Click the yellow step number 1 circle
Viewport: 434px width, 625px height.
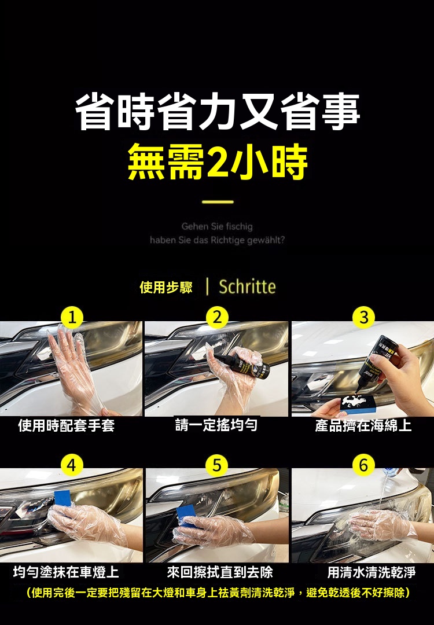pos(72,318)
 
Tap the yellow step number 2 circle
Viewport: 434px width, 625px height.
pos(217,318)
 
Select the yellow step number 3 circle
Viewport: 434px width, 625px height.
pos(364,318)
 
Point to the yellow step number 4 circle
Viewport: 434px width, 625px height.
pos(72,465)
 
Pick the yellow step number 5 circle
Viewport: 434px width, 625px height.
pos(217,465)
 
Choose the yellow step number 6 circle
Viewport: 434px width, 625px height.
pos(364,465)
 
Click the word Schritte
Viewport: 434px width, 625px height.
pos(247,286)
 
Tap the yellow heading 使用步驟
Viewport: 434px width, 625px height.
pos(166,287)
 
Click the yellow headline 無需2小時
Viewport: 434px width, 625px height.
pos(218,161)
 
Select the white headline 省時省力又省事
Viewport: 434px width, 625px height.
pos(218,112)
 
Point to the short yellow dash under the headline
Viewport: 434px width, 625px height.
pos(218,202)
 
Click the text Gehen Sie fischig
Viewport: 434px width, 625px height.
pos(217,226)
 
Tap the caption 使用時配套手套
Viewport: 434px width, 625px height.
pos(67,425)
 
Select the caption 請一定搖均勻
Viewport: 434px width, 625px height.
pos(216,425)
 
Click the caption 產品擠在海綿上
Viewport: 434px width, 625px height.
pos(363,425)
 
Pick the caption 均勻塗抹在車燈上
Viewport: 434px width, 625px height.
pos(66,572)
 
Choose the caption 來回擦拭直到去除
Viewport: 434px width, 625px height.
pos(220,572)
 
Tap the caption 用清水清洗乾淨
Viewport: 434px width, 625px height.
pos(372,572)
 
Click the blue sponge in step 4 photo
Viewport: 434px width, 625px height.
pos(64,499)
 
